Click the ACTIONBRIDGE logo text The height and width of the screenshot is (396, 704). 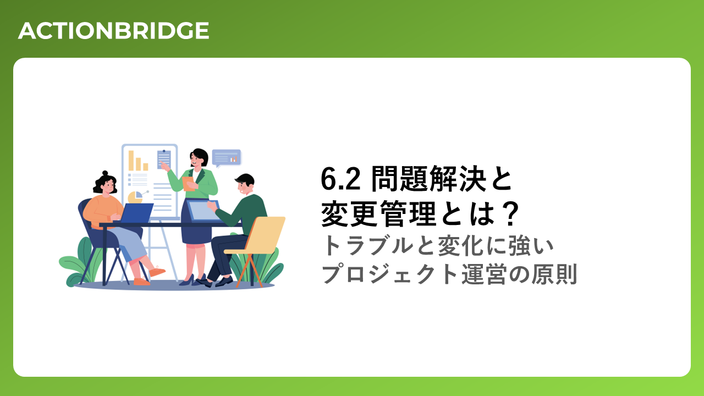tap(113, 31)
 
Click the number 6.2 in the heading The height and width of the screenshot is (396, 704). tap(340, 179)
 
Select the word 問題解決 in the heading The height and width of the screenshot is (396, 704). tap(429, 179)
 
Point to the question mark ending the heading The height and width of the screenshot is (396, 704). tap(508, 214)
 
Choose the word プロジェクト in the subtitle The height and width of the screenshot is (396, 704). tap(389, 274)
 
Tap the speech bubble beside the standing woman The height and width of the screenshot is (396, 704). tap(227, 158)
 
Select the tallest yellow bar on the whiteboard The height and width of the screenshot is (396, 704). tap(131, 160)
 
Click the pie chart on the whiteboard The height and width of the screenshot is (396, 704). tap(135, 197)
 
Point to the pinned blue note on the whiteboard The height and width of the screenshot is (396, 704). tap(164, 159)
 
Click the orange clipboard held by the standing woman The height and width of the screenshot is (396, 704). tap(188, 184)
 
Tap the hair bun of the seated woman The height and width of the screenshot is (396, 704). tap(105, 173)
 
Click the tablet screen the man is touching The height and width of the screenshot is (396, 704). tap(203, 211)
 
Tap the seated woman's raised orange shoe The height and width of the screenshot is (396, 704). tap(157, 271)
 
